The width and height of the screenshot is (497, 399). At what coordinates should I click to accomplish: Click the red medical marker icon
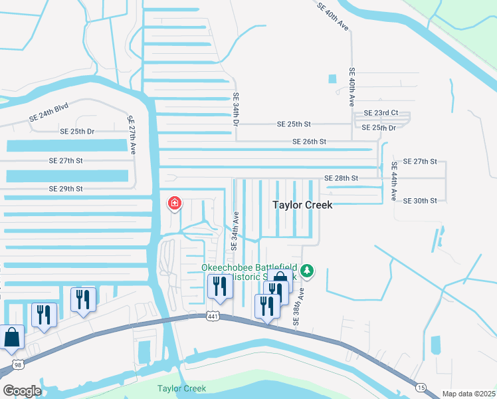[174, 202]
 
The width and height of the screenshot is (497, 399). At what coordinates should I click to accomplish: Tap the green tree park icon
[306, 271]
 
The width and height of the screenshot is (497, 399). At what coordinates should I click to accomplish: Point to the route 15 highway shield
[421, 387]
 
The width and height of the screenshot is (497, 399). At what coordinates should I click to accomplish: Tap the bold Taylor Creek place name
[302, 205]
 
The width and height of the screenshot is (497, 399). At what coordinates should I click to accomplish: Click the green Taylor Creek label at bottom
[181, 388]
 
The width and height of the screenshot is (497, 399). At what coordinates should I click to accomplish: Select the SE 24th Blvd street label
[49, 114]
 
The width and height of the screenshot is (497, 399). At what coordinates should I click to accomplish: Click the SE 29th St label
[65, 190]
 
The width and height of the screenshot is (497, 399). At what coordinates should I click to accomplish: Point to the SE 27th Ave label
[131, 133]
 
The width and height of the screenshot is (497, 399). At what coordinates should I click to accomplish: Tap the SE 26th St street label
[309, 142]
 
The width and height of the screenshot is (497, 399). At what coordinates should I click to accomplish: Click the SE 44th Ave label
[394, 182]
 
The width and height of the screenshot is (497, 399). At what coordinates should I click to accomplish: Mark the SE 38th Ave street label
[299, 306]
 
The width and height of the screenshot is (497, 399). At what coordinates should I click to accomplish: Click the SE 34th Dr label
[235, 110]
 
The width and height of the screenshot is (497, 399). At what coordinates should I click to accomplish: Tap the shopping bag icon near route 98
[12, 337]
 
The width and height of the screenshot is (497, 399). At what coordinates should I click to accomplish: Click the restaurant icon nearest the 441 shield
[220, 287]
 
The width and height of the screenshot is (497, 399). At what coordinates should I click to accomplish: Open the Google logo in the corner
[22, 391]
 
